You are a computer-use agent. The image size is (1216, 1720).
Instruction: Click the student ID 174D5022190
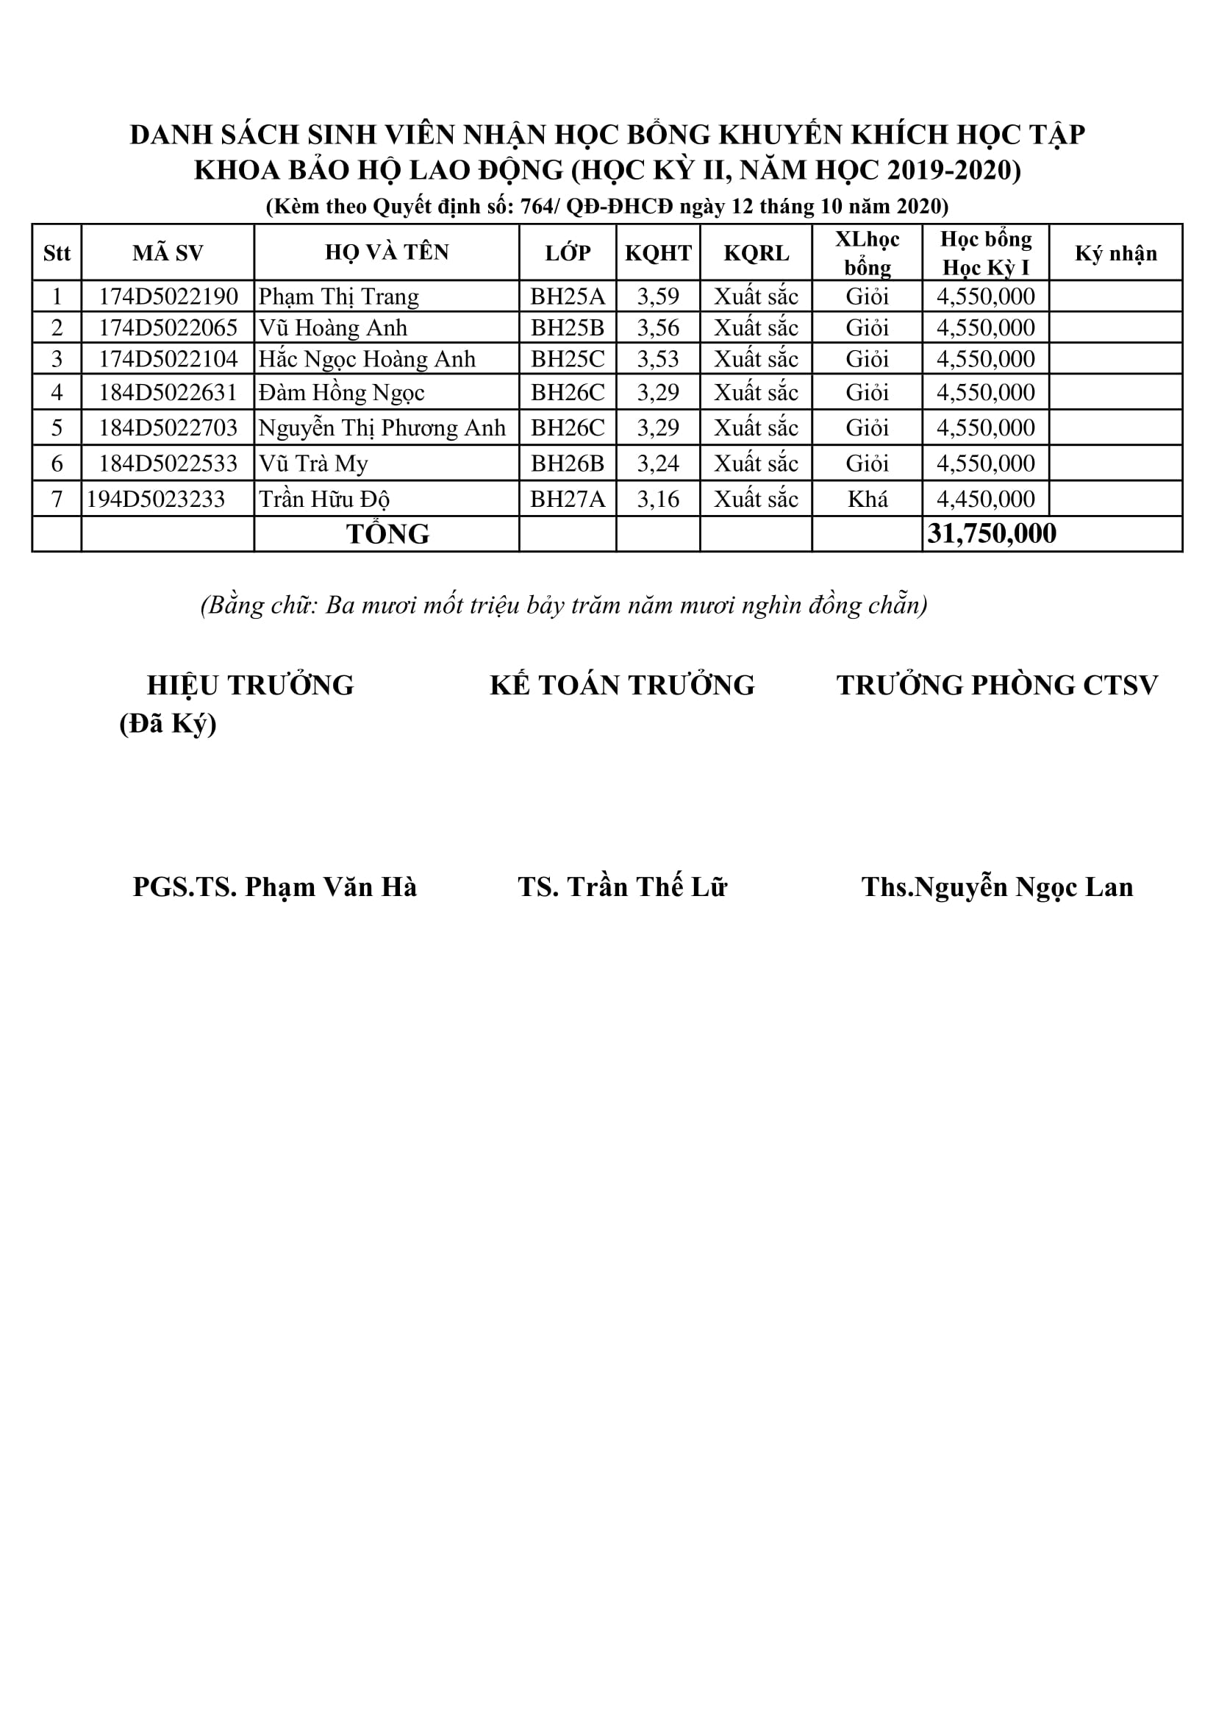pos(168,296)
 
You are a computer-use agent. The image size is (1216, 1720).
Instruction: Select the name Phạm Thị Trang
pos(338,296)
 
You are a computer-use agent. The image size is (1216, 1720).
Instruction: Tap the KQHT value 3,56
pos(658,328)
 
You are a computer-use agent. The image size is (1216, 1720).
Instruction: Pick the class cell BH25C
pos(568,360)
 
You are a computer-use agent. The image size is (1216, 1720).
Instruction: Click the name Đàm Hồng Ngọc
pos(341,393)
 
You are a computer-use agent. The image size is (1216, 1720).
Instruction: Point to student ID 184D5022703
pos(168,427)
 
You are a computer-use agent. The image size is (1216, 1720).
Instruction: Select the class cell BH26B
pos(568,463)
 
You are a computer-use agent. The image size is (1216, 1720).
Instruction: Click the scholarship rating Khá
pos(867,499)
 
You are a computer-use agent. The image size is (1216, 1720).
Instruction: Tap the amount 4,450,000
pos(985,499)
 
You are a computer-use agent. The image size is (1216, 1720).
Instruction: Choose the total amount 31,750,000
pos(991,534)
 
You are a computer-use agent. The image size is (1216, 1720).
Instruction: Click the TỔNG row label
pos(387,534)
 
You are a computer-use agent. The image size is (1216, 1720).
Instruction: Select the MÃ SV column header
pos(168,253)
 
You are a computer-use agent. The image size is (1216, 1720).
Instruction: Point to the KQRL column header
pos(757,253)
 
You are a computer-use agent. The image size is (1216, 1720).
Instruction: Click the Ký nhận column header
pos(1116,253)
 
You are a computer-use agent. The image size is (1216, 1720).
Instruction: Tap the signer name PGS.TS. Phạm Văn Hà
pos(275,887)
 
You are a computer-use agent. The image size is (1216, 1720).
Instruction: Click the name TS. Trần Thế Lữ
pos(622,887)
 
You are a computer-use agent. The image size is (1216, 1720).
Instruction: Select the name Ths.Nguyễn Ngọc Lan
pos(997,887)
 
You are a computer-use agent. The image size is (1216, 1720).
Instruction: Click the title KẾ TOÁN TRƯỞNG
pos(622,686)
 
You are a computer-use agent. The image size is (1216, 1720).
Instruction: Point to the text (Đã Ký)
pos(168,724)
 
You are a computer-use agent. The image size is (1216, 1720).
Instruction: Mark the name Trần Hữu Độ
pos(324,499)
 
